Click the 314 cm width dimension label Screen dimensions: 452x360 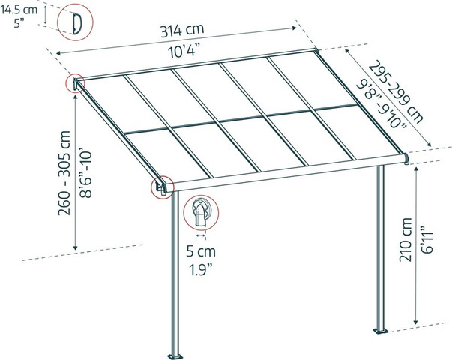point(182,31)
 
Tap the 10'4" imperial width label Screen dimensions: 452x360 point(184,51)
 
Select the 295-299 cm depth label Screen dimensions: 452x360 point(396,91)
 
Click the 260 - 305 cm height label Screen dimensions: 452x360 point(64,172)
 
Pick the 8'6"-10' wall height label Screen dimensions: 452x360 point(85,173)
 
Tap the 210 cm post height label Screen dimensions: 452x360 point(406,240)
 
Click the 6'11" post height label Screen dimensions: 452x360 point(427,239)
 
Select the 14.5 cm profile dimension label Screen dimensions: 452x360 point(19,10)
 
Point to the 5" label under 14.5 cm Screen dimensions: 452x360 point(19,23)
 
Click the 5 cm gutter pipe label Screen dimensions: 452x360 point(201,251)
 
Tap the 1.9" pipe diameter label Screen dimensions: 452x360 point(201,270)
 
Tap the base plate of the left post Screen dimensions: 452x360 point(175,356)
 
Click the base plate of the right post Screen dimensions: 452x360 point(381,330)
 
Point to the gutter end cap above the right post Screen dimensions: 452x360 point(406,159)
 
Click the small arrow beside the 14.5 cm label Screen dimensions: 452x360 point(45,14)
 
